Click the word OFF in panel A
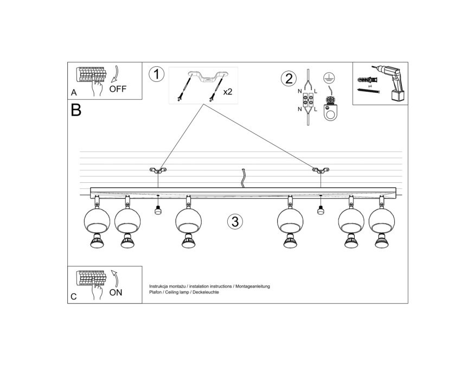(x=118, y=88)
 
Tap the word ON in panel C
(x=116, y=292)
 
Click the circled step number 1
(x=156, y=74)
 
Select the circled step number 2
(x=289, y=79)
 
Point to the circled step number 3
(x=235, y=221)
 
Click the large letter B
(x=76, y=110)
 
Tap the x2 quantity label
(x=228, y=92)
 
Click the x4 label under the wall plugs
(x=370, y=86)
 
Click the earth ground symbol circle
(x=329, y=78)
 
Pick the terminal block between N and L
(x=308, y=100)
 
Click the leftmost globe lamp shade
(x=97, y=221)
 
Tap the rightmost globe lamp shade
(x=382, y=221)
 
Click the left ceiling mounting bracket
(x=158, y=170)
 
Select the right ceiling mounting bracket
(x=321, y=170)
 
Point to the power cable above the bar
(x=244, y=178)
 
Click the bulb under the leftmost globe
(x=97, y=241)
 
